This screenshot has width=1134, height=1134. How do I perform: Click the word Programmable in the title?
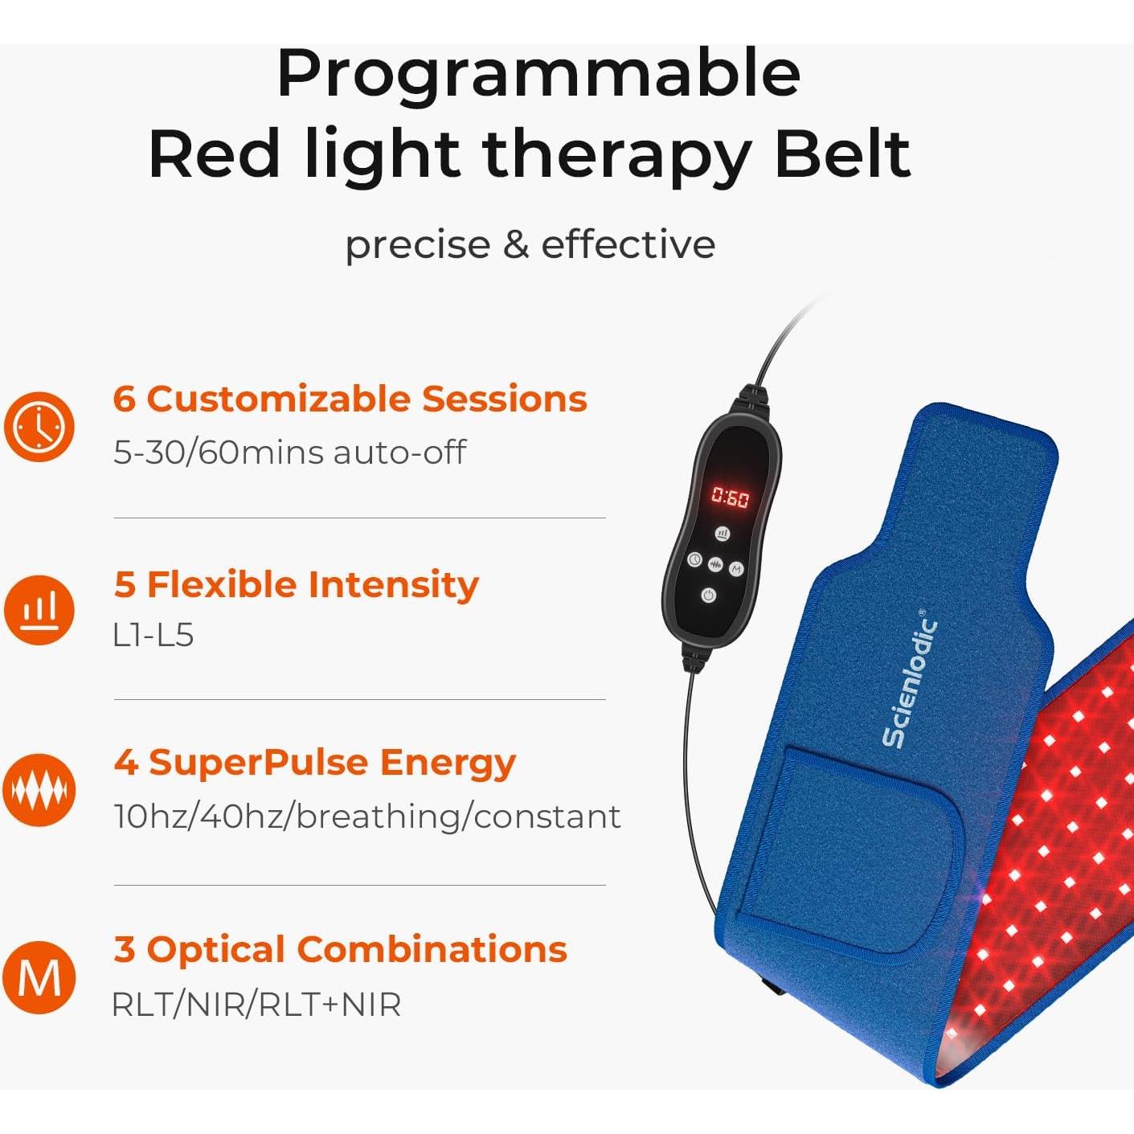point(538,75)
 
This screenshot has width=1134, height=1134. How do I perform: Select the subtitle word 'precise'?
point(416,244)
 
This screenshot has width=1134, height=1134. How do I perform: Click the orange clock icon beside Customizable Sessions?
point(39,426)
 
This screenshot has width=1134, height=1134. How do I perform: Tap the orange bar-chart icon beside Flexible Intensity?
point(39,610)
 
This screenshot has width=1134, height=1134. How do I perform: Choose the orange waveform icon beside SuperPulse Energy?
point(39,790)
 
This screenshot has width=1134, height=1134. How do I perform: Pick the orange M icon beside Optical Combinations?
point(39,977)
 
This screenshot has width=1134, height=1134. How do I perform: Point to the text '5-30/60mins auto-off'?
point(289,452)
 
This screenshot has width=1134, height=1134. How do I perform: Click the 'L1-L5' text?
point(154,636)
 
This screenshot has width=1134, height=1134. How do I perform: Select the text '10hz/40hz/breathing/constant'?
point(367,817)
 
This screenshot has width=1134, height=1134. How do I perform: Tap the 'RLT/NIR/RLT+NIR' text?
point(256,1005)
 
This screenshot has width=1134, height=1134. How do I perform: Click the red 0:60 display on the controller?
point(730,498)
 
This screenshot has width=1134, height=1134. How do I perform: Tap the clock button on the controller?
point(694,560)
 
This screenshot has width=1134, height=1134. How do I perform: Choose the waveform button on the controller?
point(715,566)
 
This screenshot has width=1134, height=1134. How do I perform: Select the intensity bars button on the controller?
point(723,534)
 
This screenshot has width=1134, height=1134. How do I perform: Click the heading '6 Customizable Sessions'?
point(350,399)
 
